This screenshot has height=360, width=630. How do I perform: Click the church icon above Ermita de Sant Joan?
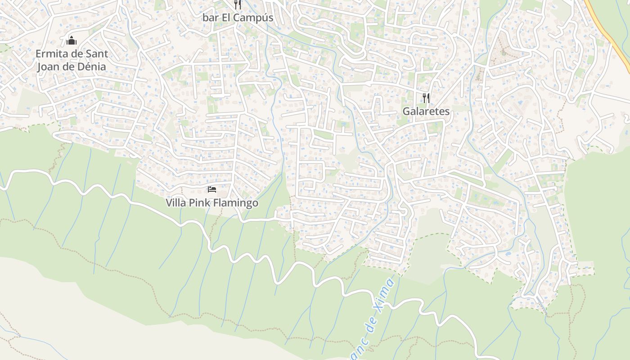[x=72, y=41]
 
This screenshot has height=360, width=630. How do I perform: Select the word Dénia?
[x=92, y=67]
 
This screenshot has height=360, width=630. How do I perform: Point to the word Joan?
[x=49, y=67]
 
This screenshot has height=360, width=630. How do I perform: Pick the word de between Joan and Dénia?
[x=70, y=67]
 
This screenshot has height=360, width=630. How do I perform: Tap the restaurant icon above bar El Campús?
[x=238, y=4]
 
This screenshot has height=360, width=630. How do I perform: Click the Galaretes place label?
[x=426, y=111]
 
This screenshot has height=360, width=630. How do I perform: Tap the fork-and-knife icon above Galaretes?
[x=426, y=98]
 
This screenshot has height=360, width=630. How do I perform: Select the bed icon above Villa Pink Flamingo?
[x=212, y=189]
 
